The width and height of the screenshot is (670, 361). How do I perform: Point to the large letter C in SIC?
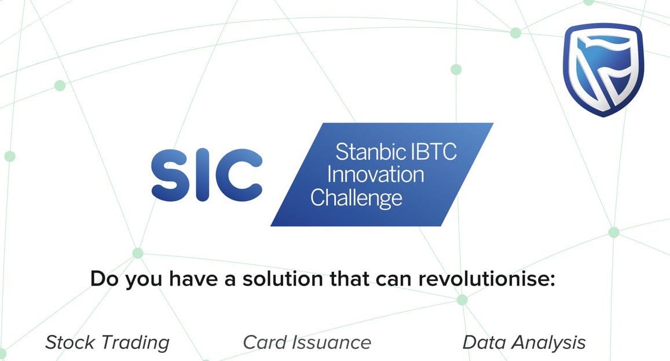[x=237, y=173]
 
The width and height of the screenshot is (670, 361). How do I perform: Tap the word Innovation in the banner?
[x=367, y=174]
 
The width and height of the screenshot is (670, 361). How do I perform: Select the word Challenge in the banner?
[x=356, y=197]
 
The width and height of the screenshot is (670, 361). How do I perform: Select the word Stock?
[x=69, y=342]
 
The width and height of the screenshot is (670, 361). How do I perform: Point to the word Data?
[x=485, y=342]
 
